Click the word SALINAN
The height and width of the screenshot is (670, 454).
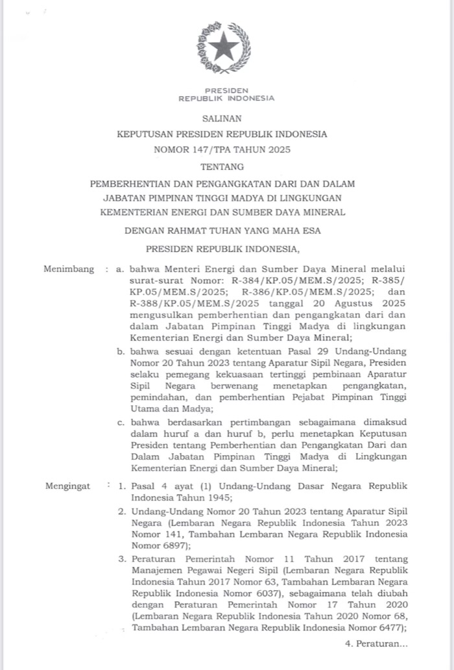coord(222,119)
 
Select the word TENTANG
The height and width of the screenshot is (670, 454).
coord(222,167)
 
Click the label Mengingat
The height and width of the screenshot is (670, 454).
coord(67,486)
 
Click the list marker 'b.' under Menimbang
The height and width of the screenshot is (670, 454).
coord(121,351)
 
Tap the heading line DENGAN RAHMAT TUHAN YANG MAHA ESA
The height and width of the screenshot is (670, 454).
coord(222,230)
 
